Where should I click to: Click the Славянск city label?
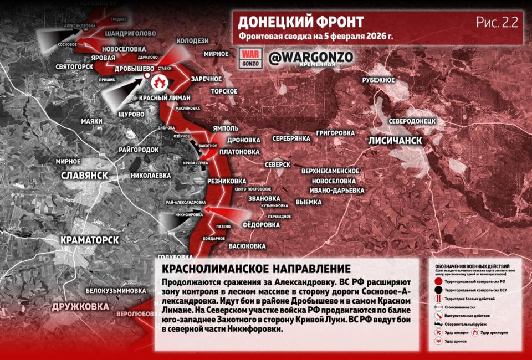[84, 175]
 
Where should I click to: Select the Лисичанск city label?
[395, 141]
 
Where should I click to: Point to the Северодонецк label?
[413, 120]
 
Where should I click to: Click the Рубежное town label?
[378, 80]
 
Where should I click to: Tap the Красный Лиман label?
[165, 97]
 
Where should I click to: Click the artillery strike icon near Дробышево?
[160, 83]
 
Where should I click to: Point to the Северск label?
[277, 165]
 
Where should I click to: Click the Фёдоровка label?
[261, 225]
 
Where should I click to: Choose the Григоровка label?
[335, 133]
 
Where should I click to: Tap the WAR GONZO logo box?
[250, 58]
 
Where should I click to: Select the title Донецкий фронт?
[300, 22]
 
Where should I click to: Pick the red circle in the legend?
[438, 281]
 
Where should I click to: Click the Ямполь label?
[225, 128]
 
